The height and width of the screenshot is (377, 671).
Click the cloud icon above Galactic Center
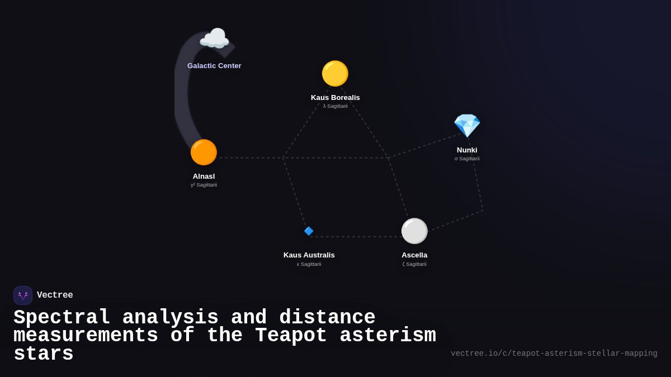coord(214,39)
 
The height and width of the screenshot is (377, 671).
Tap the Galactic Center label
coord(214,66)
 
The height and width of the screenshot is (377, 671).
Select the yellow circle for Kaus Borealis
coord(335,74)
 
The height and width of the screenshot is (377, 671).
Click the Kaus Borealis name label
coord(335,98)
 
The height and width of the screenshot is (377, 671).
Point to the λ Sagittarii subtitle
coord(335,106)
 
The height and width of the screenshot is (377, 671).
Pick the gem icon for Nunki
coord(467,126)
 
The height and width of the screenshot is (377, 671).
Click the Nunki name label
coord(467,150)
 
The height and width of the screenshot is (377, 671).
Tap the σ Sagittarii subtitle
coord(467,159)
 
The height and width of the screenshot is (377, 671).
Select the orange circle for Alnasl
coord(204,152)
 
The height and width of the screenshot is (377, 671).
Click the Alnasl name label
coord(204,176)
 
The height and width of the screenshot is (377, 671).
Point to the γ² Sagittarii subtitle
coord(204,185)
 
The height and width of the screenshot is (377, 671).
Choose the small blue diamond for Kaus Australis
coord(309,231)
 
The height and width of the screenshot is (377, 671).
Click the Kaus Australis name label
coord(309,255)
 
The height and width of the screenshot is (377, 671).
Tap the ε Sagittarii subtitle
coord(309,264)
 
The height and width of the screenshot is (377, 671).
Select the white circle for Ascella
coord(414,231)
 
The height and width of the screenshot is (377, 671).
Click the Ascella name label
coord(414,255)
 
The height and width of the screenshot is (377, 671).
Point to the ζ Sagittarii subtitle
coord(414,264)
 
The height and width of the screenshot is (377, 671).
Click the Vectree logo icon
coord(23,295)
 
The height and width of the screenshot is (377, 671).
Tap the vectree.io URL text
coord(554,354)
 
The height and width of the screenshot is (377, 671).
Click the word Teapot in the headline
coord(291,336)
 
